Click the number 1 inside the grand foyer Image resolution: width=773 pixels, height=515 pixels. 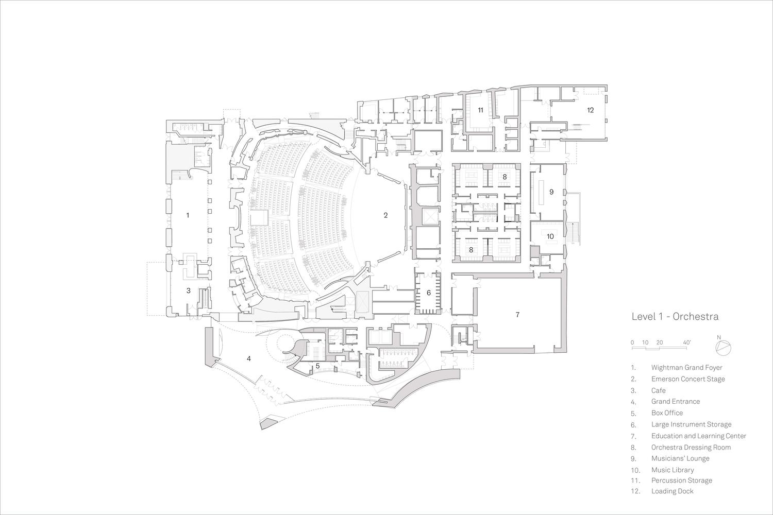tap(188, 215)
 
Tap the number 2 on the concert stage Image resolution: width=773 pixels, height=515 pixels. tap(385, 215)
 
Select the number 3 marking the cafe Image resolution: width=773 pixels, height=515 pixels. tap(189, 291)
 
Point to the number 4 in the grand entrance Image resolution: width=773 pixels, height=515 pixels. tap(249, 359)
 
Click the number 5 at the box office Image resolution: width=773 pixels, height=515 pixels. tap(317, 366)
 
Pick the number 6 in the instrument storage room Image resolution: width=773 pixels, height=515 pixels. tap(429, 293)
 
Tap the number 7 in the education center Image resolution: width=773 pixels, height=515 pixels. tap(517, 315)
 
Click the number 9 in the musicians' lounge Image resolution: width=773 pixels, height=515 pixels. tap(551, 192)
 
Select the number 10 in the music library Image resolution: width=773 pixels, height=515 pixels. tap(550, 236)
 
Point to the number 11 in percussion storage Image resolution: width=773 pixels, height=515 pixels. tap(480, 110)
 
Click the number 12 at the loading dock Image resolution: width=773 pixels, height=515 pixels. tap(590, 110)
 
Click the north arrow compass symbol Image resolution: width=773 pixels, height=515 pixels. tap(724, 348)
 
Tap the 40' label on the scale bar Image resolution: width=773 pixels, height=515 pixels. tap(687, 342)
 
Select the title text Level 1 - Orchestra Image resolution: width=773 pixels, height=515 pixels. tap(675, 317)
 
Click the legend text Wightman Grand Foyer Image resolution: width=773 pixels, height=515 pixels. tap(687, 368)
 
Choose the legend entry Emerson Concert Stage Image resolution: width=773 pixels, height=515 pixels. tap(688, 379)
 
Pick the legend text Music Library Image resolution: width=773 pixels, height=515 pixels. tap(673, 470)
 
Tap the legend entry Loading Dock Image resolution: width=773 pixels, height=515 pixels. tap(672, 491)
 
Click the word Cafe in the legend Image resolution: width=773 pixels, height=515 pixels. tap(659, 390)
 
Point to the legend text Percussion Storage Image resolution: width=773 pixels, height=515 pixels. tap(682, 480)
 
